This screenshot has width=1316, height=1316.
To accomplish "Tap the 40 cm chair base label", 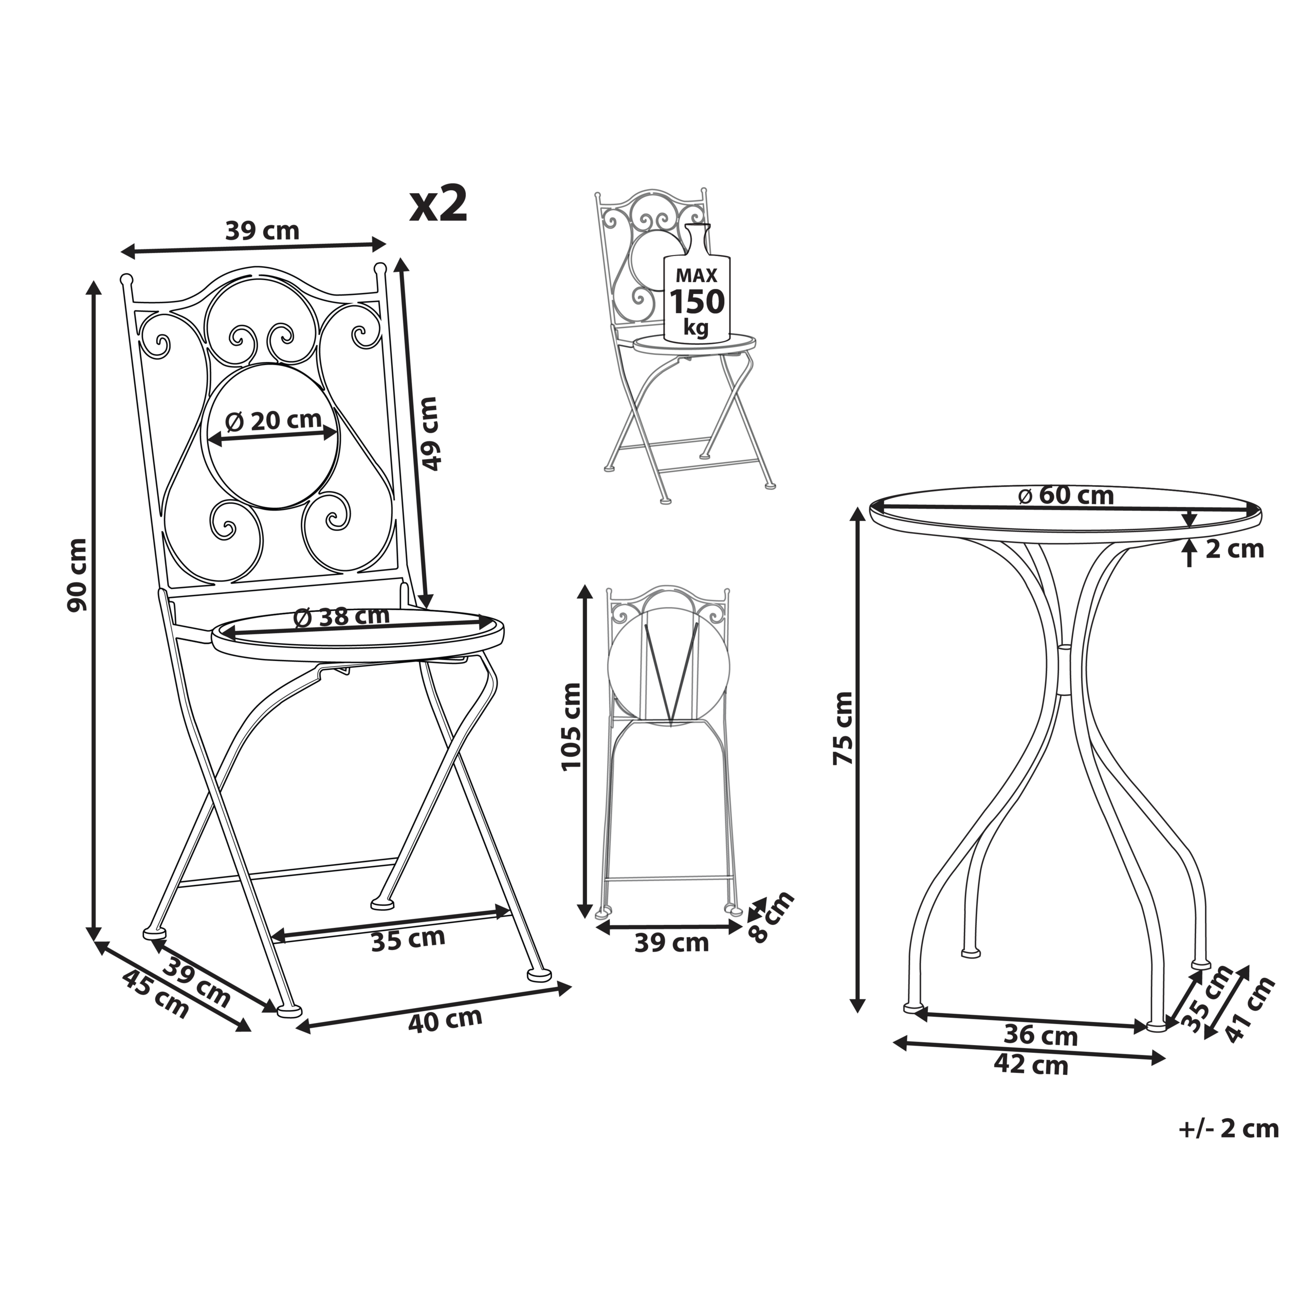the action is (446, 1020).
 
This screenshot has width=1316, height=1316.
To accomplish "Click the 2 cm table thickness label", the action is (1234, 549).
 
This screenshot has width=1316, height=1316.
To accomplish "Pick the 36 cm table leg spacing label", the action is (1041, 1035).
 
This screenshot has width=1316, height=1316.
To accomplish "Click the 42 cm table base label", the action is (1031, 1064).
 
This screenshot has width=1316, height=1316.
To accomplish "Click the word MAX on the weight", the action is (696, 276).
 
